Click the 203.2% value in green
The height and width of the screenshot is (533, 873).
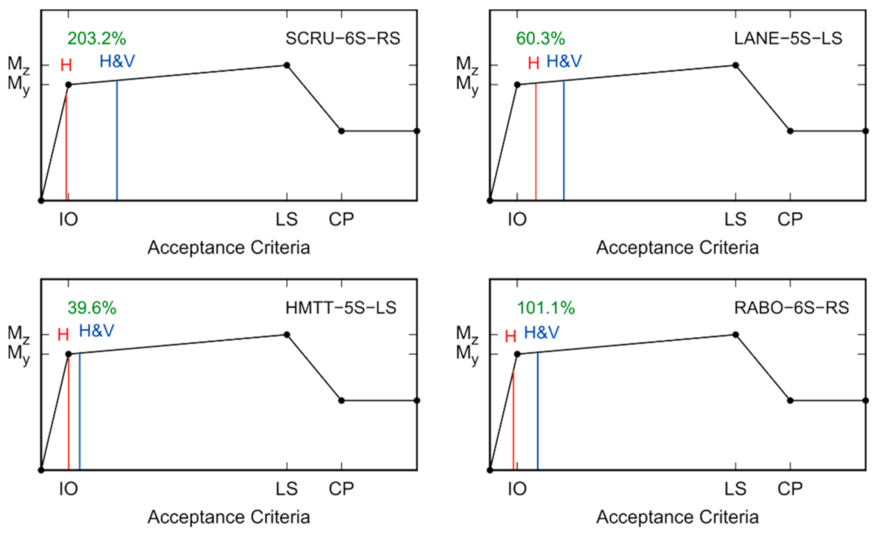pyautogui.click(x=97, y=39)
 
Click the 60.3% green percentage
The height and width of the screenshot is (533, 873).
pyautogui.click(x=541, y=39)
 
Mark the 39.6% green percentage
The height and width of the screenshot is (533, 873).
pyautogui.click(x=92, y=308)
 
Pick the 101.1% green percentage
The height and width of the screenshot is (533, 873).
pyautogui.click(x=546, y=308)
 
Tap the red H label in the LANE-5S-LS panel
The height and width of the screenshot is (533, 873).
pyautogui.click(x=533, y=63)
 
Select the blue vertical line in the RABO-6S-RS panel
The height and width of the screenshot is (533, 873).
pyautogui.click(x=538, y=412)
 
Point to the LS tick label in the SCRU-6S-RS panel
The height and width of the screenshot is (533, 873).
pyautogui.click(x=287, y=219)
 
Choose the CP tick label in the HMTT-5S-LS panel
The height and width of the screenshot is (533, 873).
pyautogui.click(x=341, y=489)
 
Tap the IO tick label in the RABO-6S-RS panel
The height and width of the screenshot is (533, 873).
pyautogui.click(x=517, y=489)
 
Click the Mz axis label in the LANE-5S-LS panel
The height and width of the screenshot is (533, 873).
pyautogui.click(x=468, y=64)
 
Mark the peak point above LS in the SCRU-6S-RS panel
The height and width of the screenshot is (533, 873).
pyautogui.click(x=287, y=65)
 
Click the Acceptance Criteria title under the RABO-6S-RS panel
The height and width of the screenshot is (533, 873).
pyautogui.click(x=677, y=517)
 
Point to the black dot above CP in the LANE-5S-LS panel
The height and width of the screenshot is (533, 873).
pyautogui.click(x=790, y=131)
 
